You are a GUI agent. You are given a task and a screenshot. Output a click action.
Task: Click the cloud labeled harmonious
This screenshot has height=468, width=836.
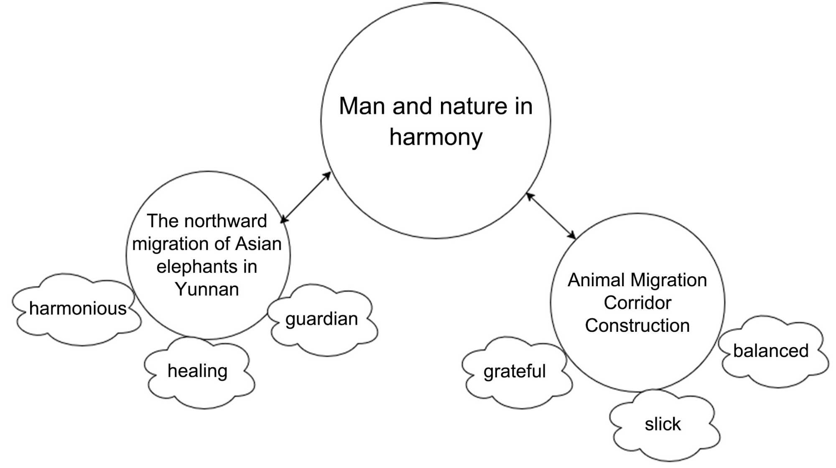point(77,309)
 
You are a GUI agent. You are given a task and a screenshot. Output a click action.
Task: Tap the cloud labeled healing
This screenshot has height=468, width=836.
point(198,371)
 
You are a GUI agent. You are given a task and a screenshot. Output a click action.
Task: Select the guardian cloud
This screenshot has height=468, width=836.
point(321,319)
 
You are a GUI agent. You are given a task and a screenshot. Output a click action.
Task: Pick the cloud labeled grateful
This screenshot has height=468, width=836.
point(515,371)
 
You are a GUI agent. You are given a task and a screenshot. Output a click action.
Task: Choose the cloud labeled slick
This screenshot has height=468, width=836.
point(663,425)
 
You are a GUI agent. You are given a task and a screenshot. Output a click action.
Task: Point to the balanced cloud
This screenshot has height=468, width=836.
point(771,351)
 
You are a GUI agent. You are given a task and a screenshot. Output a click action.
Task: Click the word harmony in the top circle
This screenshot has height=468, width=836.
point(436,137)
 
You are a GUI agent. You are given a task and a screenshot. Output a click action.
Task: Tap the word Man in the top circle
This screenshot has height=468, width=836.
point(362,106)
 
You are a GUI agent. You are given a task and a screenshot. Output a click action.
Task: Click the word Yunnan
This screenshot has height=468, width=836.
point(207,289)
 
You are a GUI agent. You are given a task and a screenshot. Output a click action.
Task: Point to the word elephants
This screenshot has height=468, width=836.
point(196,267)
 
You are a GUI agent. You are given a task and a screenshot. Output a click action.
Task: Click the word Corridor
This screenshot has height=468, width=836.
point(637,303)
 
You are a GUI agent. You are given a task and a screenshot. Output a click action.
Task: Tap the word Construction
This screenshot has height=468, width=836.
point(637,326)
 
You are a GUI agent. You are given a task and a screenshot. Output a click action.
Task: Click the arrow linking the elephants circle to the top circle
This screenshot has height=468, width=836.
point(306,198)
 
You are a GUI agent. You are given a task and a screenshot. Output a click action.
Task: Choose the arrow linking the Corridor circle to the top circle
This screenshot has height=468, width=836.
point(551,216)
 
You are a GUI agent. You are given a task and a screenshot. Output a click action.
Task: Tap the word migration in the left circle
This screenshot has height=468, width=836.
point(169,244)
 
